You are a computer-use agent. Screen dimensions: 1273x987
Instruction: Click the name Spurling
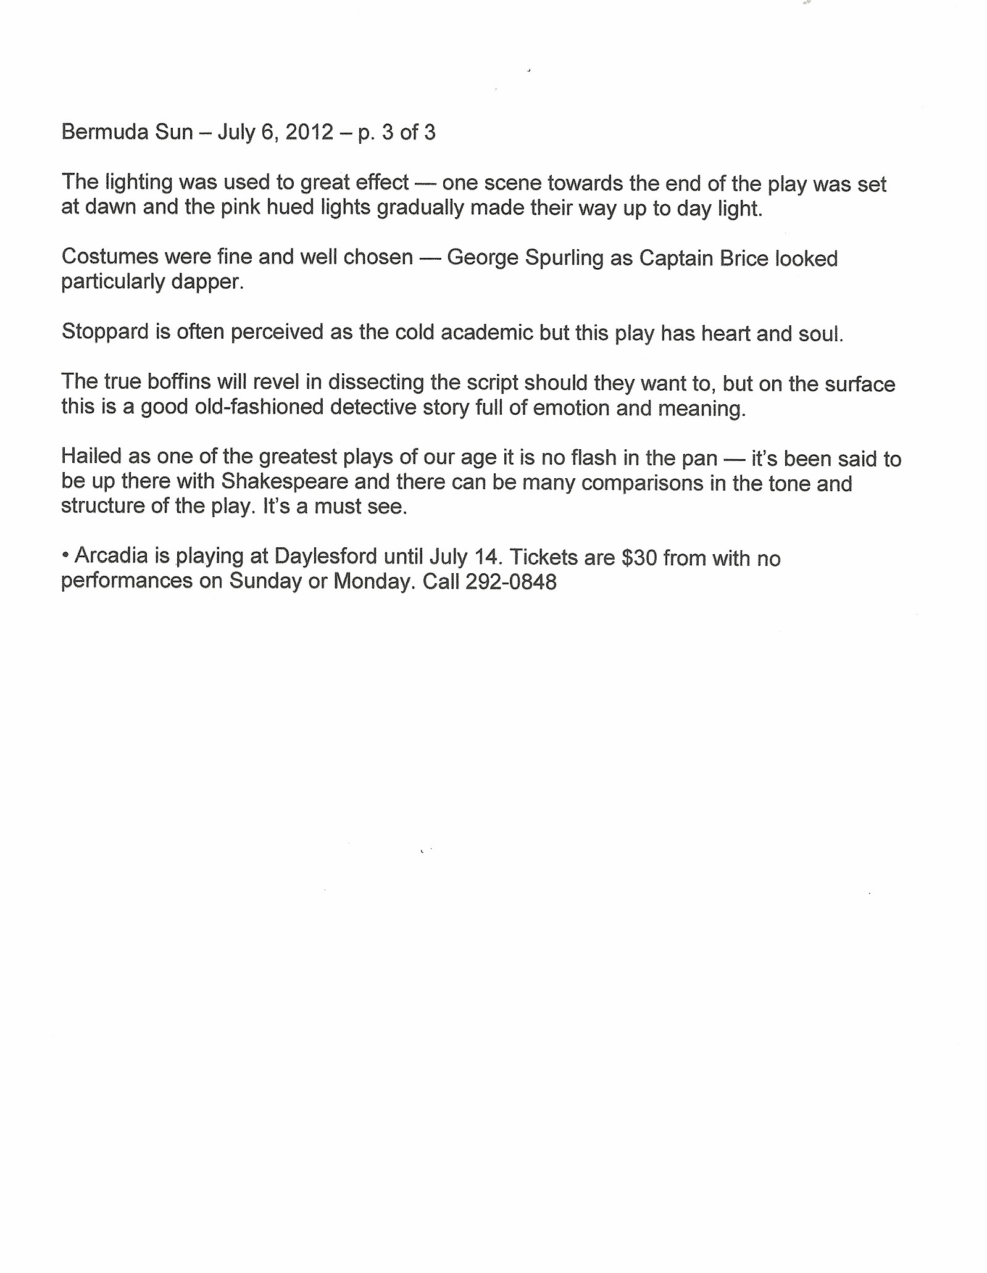(564, 258)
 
